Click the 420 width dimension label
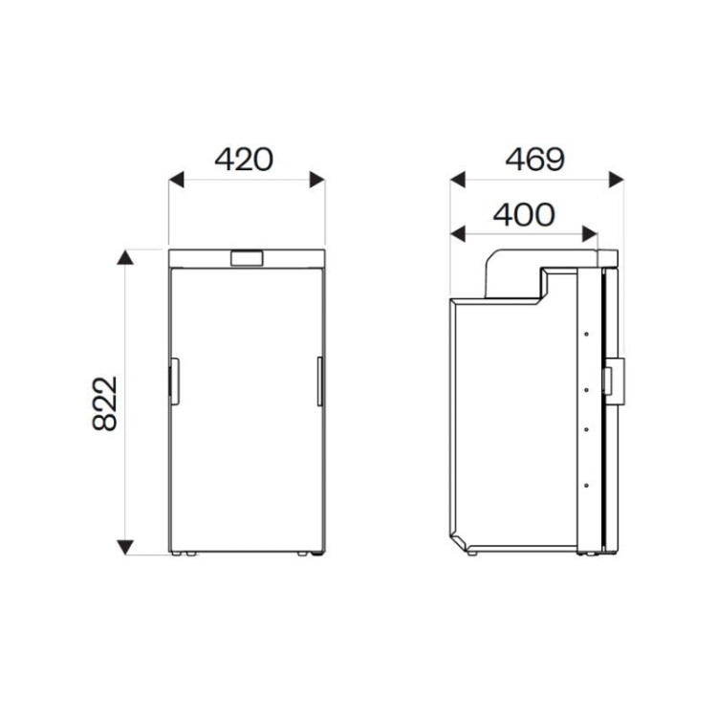pyautogui.click(x=244, y=159)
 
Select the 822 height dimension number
pyautogui.click(x=105, y=402)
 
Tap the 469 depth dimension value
pyautogui.click(x=534, y=159)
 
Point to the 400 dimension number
pyautogui.click(x=523, y=215)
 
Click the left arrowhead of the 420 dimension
pyautogui.click(x=175, y=179)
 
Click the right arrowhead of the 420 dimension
pyautogui.click(x=317, y=179)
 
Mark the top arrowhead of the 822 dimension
pyautogui.click(x=124, y=257)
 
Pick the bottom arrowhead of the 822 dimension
pyautogui.click(x=124, y=547)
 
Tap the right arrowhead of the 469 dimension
pyautogui.click(x=617, y=179)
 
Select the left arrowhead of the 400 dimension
pyautogui.click(x=457, y=233)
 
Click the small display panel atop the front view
pyautogui.click(x=247, y=258)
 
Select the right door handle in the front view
pyautogui.click(x=319, y=380)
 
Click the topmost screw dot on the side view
pyautogui.click(x=584, y=335)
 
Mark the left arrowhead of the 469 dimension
pyautogui.click(x=457, y=179)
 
